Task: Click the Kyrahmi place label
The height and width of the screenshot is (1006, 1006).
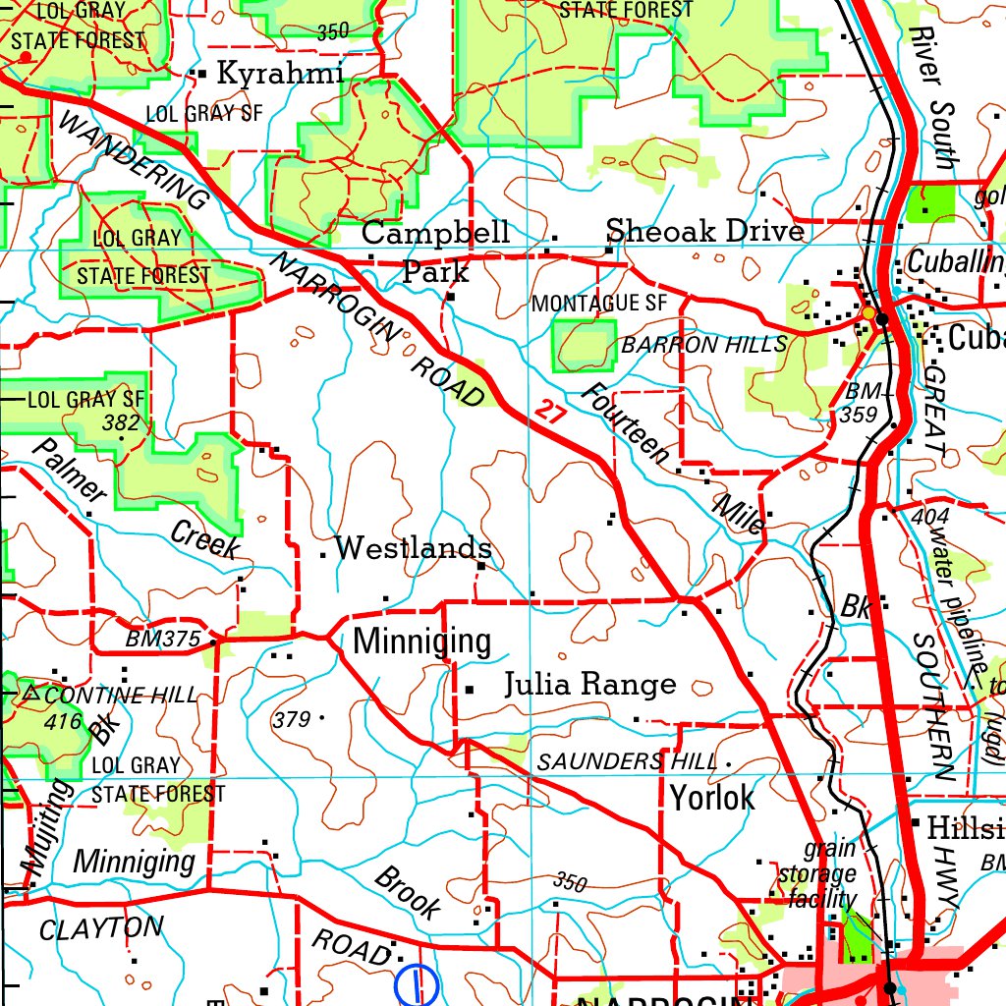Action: pos(279,74)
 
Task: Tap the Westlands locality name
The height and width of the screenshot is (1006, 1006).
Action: pos(413,548)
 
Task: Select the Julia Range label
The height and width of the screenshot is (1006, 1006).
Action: pos(589,684)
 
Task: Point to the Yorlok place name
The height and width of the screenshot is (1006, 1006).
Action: pos(712,797)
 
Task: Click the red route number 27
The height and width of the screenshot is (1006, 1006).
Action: pos(551,410)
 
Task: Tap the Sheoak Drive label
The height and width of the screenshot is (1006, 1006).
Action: pos(704,232)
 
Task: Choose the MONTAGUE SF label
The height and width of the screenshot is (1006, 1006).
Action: pos(598,304)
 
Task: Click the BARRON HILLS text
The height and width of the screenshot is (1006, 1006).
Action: pos(703,345)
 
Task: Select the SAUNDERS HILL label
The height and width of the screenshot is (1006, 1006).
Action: pos(628,761)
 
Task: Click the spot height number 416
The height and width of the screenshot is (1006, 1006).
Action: pos(62,721)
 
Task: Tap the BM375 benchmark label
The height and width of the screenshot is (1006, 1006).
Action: pos(163,640)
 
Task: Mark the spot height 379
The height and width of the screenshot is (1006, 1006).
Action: pos(292,720)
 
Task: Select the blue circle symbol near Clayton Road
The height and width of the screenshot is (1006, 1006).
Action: pos(417,985)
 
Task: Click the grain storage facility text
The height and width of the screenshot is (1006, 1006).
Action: pos(817,873)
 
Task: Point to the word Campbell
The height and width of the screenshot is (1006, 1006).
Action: pos(435,233)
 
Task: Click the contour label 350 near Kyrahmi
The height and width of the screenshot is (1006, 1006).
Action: pos(333,31)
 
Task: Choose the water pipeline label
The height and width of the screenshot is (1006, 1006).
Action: pos(957,599)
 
